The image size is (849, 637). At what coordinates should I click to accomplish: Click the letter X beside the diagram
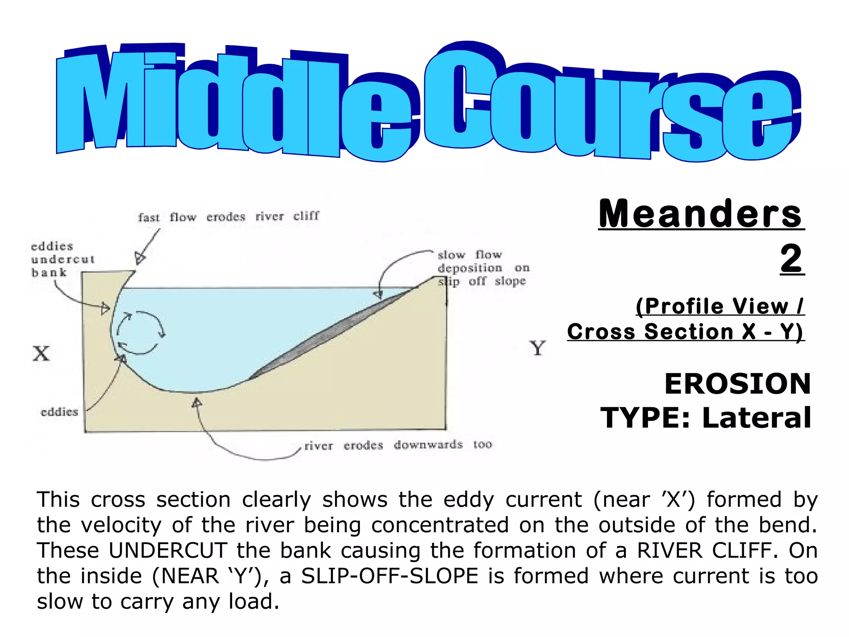coord(41,354)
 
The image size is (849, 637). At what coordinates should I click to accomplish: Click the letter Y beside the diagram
coord(537,348)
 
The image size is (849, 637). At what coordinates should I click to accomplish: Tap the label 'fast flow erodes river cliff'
coord(229,217)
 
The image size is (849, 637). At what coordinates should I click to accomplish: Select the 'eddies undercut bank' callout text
coord(62,260)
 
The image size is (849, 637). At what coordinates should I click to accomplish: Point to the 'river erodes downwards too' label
coord(398,445)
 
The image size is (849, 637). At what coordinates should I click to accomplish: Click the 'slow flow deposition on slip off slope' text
coord(483,268)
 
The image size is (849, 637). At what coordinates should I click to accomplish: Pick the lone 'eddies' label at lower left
coord(59,412)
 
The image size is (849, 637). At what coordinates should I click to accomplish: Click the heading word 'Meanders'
coord(701,214)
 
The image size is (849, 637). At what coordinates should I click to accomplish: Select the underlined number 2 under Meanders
coord(792,259)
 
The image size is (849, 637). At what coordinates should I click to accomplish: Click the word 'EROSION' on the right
coord(737,384)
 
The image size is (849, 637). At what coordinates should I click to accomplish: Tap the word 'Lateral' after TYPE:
coord(757,418)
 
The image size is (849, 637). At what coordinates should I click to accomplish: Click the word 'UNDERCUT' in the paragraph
coord(168,551)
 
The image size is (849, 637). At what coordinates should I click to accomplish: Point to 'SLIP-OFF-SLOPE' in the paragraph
coord(390,576)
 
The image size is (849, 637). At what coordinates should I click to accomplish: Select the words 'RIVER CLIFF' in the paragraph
coord(705,551)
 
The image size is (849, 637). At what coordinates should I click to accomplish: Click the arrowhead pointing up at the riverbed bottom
coord(197,402)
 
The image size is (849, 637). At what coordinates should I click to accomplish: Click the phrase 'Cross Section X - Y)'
coord(686,332)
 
